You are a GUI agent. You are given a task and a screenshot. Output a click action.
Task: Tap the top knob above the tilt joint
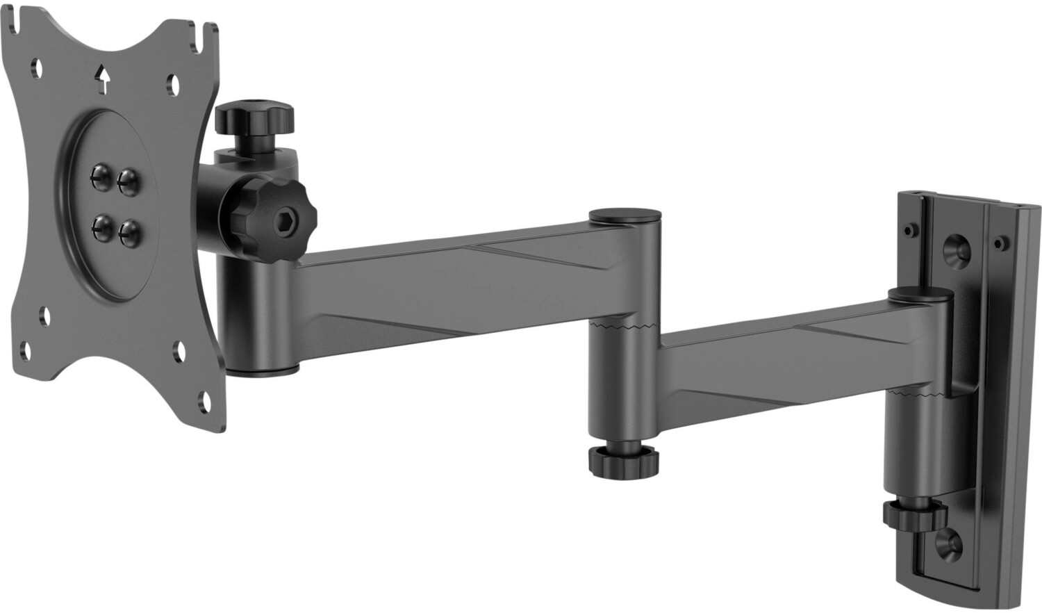tap(255, 119)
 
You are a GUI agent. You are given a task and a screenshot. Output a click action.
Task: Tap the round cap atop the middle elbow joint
tap(624, 216)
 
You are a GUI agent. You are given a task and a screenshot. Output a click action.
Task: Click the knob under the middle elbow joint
tap(624, 461)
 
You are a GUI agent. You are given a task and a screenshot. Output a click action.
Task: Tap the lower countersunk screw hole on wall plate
tap(946, 541)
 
